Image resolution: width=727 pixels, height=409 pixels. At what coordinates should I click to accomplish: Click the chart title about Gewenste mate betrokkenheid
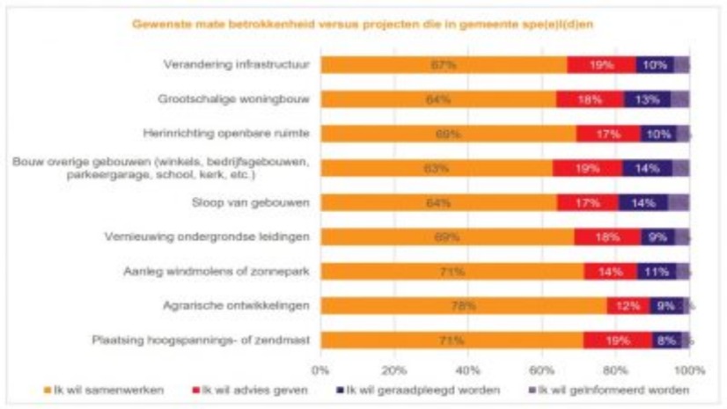[363, 24]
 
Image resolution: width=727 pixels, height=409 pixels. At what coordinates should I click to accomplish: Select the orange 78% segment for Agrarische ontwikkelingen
[464, 306]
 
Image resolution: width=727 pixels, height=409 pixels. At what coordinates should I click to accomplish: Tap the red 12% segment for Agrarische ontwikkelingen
[628, 306]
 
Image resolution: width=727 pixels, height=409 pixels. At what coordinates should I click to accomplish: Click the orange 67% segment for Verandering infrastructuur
[444, 64]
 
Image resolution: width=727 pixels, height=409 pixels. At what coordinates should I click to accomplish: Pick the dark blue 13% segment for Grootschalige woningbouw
[647, 99]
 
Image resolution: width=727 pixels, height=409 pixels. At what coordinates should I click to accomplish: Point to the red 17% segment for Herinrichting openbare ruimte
[607, 134]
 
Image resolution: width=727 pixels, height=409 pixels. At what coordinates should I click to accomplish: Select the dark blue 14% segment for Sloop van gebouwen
[643, 202]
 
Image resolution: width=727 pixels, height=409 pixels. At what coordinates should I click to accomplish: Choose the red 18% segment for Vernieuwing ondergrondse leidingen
[607, 237]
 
